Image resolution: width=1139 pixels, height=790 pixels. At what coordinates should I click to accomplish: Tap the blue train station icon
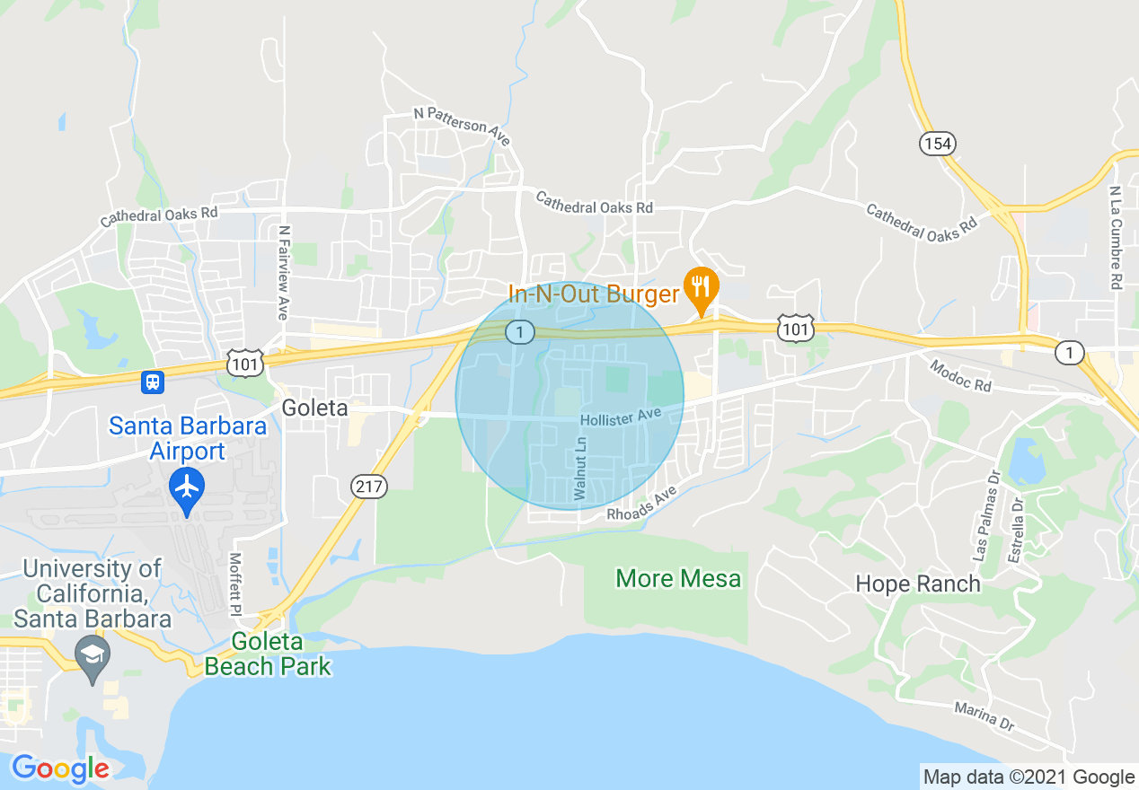(153, 382)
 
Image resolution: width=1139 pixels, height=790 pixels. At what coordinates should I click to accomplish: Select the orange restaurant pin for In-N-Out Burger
(700, 287)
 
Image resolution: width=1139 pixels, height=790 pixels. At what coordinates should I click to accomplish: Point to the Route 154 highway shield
(937, 143)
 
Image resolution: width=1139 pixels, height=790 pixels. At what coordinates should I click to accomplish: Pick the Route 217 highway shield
(368, 487)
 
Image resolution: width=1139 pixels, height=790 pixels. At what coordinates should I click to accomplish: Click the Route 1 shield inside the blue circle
(518, 332)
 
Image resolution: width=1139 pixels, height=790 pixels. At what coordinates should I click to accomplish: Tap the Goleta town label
(314, 408)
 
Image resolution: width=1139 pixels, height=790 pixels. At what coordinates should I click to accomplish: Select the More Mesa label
(678, 578)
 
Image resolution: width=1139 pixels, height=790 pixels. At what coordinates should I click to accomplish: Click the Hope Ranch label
(917, 584)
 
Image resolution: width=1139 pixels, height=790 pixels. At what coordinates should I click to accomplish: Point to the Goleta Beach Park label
(268, 654)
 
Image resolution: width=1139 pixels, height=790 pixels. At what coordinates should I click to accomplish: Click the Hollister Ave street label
(620, 417)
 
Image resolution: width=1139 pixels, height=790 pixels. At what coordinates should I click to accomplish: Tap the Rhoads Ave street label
(639, 506)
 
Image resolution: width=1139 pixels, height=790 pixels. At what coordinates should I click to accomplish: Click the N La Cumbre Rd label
(1115, 237)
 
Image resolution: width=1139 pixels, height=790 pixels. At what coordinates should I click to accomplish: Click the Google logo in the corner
(60, 769)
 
